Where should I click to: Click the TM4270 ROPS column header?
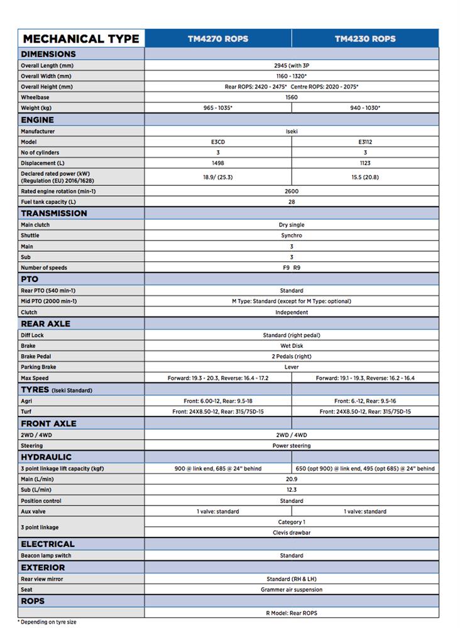tap(218, 38)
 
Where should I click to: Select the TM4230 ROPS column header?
tap(365, 38)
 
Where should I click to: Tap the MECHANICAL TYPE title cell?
tap(81, 38)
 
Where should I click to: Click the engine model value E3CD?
tap(218, 142)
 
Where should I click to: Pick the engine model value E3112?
tap(365, 142)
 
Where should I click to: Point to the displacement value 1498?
tap(218, 163)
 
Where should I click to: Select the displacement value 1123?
tap(365, 163)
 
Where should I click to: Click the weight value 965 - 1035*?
tap(218, 108)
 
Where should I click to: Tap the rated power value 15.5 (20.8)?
tap(365, 177)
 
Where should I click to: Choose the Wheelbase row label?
tap(35, 97)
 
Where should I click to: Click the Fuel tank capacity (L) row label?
tap(48, 202)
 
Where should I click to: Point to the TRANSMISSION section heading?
tap(54, 213)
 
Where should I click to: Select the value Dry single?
tap(292, 225)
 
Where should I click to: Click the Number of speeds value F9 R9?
tap(292, 268)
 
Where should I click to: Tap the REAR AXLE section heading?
tap(45, 323)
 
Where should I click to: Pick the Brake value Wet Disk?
tap(292, 346)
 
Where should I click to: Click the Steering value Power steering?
tap(292, 446)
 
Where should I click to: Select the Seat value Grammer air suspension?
tap(292, 590)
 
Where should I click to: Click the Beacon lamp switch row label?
tap(46, 556)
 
